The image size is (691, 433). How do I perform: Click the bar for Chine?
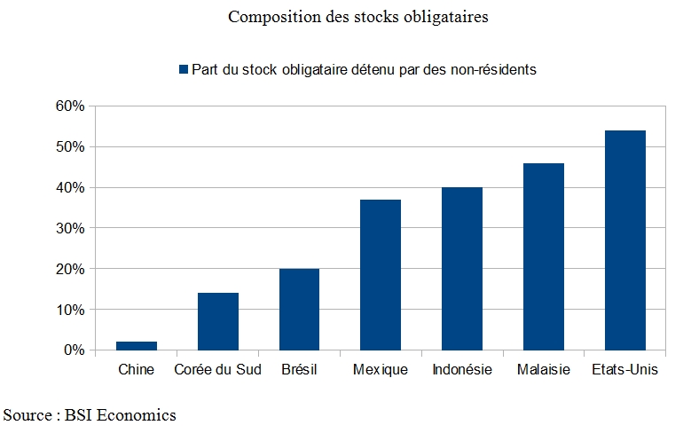click(137, 346)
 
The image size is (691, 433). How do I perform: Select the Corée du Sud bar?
click(218, 321)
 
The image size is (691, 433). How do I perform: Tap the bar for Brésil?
click(299, 310)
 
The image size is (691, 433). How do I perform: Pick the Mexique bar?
click(381, 275)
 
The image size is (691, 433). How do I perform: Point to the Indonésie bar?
click(462, 269)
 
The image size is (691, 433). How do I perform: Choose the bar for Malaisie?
click(544, 256)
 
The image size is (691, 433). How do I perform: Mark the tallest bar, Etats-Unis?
click(624, 240)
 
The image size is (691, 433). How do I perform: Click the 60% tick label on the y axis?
click(70, 106)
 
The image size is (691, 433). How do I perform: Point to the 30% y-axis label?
click(70, 228)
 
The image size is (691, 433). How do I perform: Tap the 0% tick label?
click(74, 350)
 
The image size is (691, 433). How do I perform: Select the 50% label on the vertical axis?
click(70, 146)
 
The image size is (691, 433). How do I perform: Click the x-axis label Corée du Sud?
click(217, 369)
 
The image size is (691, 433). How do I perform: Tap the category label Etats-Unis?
click(624, 369)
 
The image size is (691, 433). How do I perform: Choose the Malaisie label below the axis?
click(544, 369)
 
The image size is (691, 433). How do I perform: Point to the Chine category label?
click(137, 369)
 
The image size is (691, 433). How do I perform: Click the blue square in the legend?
click(184, 69)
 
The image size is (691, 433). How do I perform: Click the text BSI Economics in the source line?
click(121, 415)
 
